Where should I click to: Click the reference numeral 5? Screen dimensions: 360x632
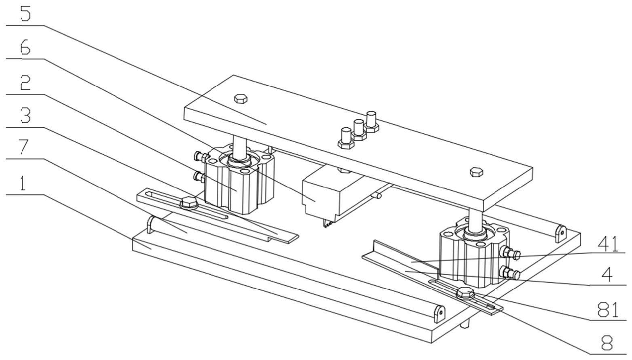point(25,14)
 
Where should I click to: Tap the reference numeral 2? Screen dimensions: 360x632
point(25,83)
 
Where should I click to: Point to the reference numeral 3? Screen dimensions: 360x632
point(25,116)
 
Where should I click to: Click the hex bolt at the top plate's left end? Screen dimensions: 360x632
point(241,98)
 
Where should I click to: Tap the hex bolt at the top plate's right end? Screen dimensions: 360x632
point(476,171)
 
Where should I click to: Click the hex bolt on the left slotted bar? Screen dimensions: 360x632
point(188,202)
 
